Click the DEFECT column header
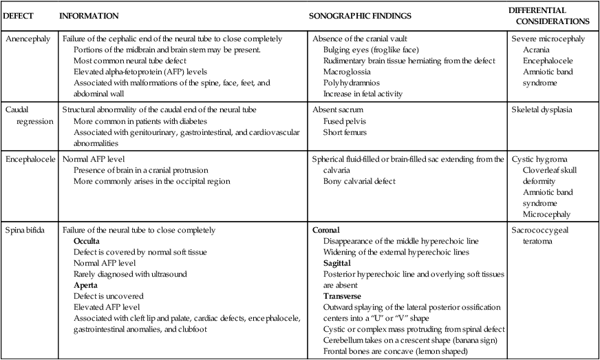(x=20, y=15)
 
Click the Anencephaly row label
(x=27, y=39)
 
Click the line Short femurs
(x=346, y=131)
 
